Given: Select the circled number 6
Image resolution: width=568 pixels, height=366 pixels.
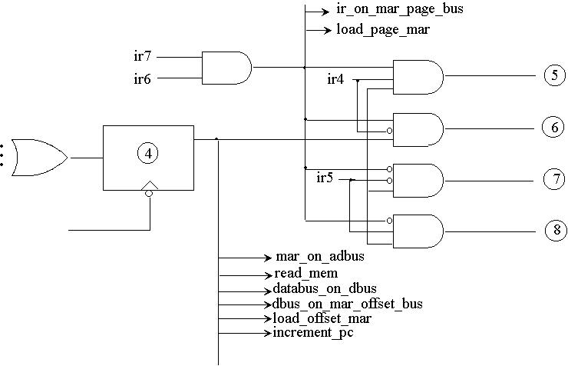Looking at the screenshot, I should click(553, 128).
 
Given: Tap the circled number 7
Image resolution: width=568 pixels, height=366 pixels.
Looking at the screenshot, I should click(553, 180).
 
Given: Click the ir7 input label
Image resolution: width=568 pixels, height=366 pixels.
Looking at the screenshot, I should click(144, 55).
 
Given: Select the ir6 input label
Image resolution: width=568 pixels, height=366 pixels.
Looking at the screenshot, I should click(144, 78).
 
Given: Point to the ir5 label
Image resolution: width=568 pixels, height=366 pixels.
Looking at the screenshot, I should click(325, 178).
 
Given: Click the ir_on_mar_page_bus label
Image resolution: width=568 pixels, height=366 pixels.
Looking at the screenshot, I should click(399, 10).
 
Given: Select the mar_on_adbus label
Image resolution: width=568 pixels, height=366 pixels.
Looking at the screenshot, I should click(319, 257).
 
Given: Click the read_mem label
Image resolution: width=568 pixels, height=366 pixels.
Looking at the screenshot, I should click(305, 273).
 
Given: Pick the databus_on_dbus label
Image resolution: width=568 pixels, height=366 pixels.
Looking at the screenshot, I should click(325, 288).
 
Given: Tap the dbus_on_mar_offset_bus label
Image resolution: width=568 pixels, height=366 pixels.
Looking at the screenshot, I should click(347, 304).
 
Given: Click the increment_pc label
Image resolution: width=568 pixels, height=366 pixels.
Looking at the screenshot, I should click(313, 333).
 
